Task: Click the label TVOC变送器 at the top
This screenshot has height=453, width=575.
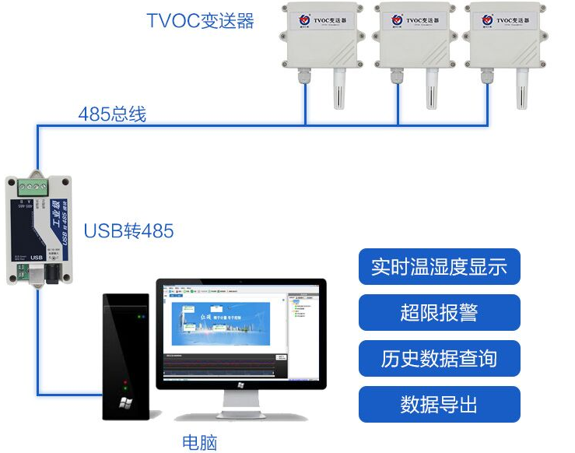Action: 201,20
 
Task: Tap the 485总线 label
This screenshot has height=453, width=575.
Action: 112,114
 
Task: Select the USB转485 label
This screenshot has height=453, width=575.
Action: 128,231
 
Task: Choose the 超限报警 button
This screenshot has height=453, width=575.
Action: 439,312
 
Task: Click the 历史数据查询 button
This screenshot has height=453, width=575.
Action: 439,359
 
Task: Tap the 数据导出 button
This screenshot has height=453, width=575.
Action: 439,405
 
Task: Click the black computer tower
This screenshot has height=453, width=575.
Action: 127,355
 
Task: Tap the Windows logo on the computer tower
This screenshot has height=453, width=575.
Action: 125,403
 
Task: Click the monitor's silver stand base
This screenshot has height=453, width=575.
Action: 241,413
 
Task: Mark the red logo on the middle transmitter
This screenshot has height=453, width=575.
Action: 397,17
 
